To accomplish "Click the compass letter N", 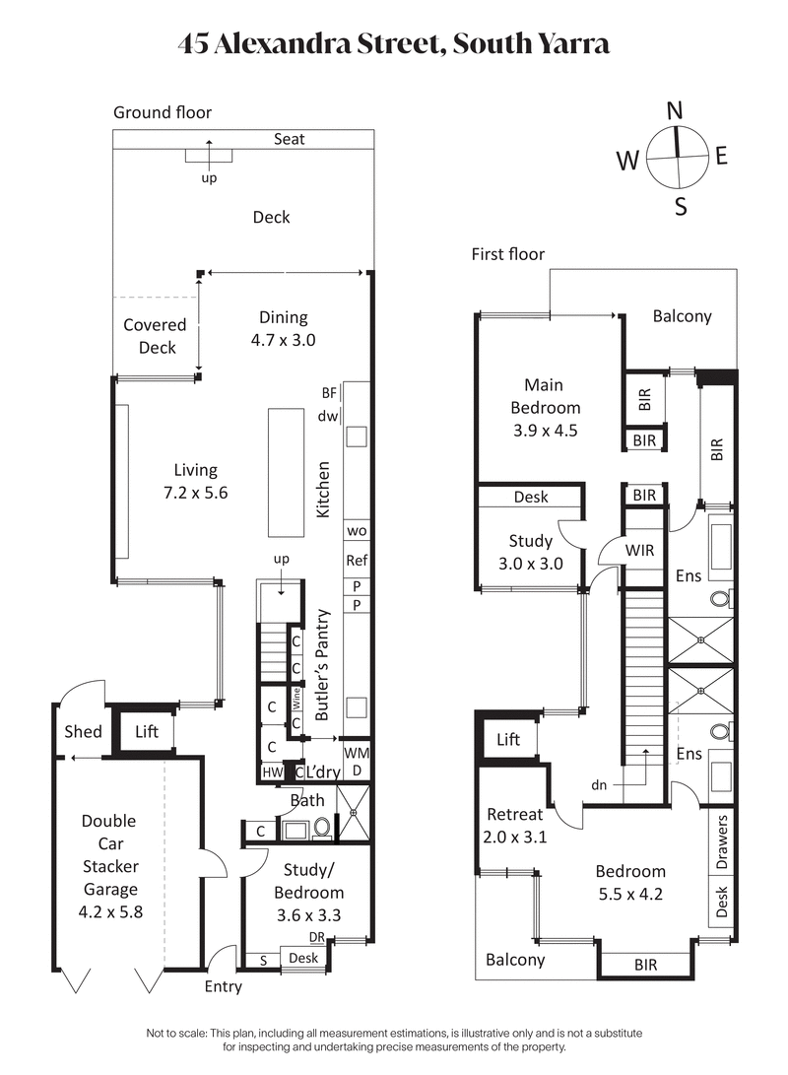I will coord(675,111).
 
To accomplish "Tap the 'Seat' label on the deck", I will coord(289,139).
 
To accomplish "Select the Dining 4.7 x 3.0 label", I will coord(284,328).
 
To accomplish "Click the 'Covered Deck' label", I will coord(155,336).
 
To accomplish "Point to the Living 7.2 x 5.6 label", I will coord(195,482).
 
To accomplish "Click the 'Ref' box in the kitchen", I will coord(356,561).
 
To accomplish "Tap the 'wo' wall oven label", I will coord(356,530).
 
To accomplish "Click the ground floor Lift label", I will coord(146,731).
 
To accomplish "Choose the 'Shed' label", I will coord(83,731).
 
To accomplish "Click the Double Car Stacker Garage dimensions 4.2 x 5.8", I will coord(109,911).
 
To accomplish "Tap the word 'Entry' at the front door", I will coord(223,985).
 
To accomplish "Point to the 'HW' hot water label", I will coord(271,773).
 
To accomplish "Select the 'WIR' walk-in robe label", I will coord(639,551).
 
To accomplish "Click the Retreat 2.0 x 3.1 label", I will coord(514,825).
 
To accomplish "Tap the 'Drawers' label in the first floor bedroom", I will coord(722,843).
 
